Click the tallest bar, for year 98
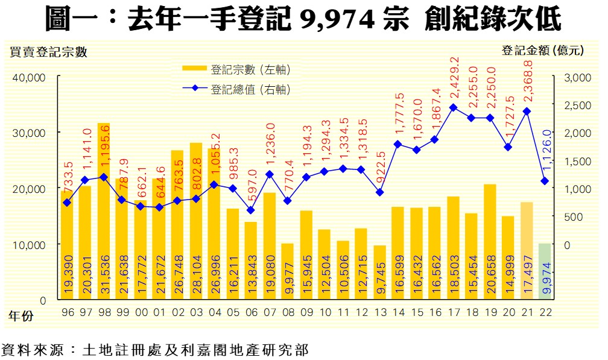pos(103,211)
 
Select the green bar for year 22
pos(544,271)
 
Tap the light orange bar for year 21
pos(526,250)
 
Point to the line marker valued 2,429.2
pos(454,107)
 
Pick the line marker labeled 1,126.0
pos(544,181)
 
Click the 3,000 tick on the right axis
pos(575,77)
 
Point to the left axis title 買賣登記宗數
pos(49,52)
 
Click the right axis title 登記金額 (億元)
pos(542,51)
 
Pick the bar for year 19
pos(489,241)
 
